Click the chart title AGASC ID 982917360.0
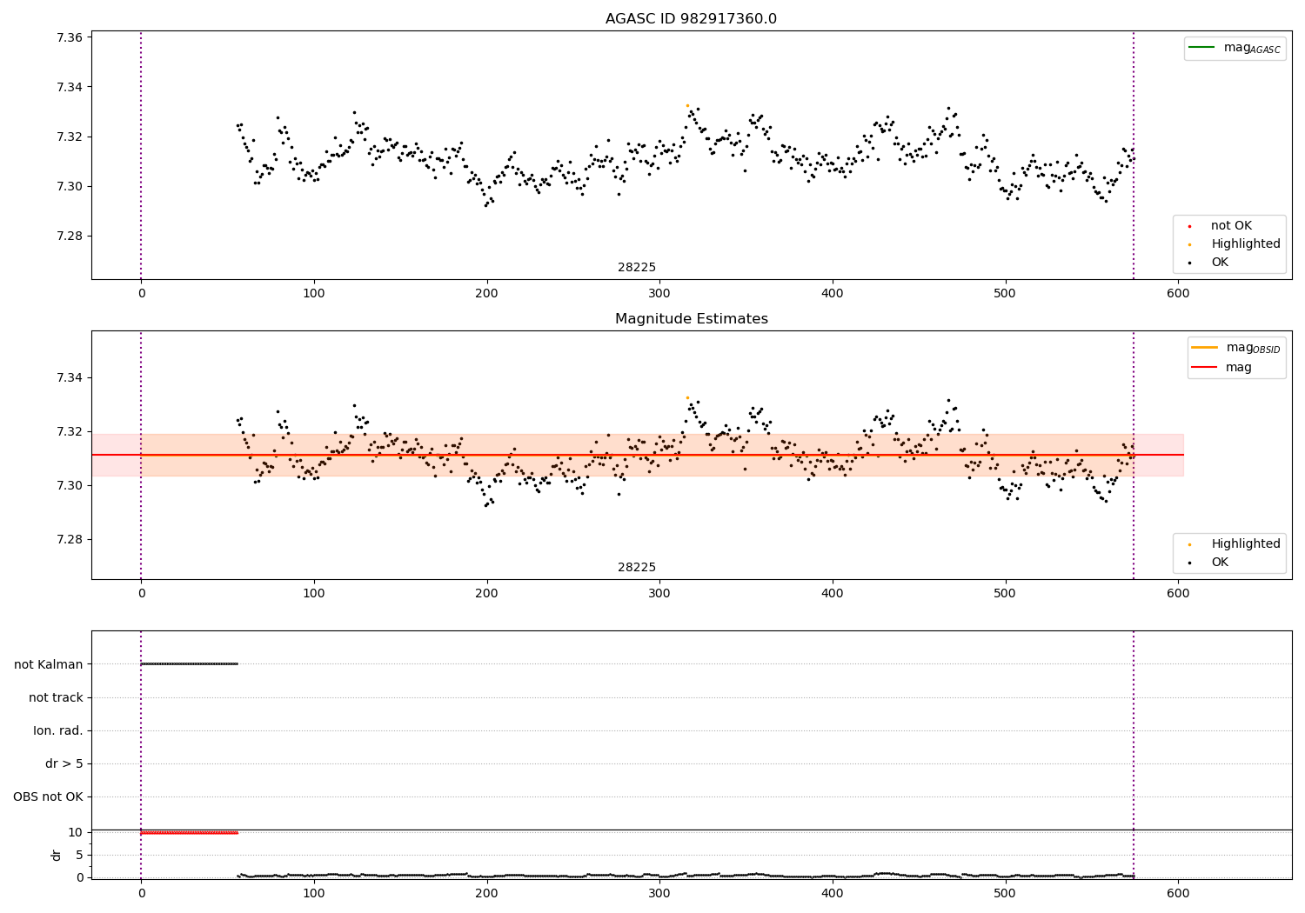pos(691,19)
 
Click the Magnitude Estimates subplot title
pos(691,319)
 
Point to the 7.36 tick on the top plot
pos(70,37)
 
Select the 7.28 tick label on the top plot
pos(70,237)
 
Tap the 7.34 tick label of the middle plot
pos(70,377)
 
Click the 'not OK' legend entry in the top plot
pos(1231,226)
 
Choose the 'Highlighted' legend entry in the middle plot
pos(1245,543)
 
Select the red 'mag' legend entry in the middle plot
pos(1238,368)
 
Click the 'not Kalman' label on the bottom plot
pos(49,664)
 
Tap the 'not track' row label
pos(56,697)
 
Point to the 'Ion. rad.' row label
pos(58,730)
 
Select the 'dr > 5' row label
pos(64,764)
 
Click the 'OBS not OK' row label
pos(48,797)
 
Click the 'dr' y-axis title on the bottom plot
pos(57,855)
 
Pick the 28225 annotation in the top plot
pos(637,268)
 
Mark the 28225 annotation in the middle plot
pos(637,568)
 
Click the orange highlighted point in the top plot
pos(687,105)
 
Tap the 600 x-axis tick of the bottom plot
pos(1178,894)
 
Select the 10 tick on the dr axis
pos(76,832)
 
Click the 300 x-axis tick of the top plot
pos(659,294)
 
